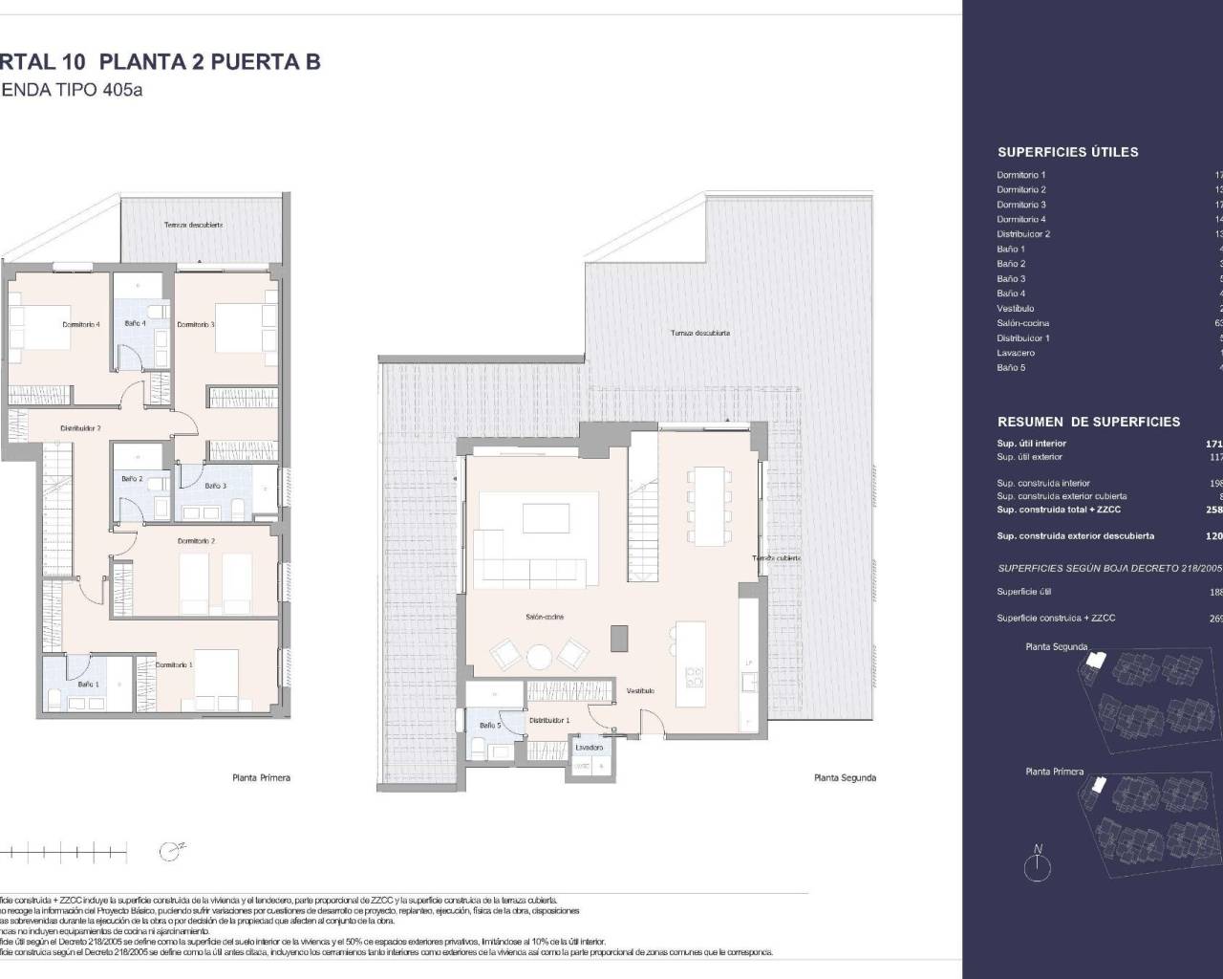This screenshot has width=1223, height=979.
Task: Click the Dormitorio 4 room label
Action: tap(81, 324)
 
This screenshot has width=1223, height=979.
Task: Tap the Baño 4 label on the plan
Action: tap(135, 324)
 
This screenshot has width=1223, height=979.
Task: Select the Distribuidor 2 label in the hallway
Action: tap(80, 428)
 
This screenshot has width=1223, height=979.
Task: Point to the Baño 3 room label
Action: tap(215, 486)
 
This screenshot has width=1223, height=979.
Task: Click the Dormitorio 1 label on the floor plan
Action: tap(174, 664)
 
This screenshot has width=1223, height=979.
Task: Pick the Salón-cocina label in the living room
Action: tap(544, 617)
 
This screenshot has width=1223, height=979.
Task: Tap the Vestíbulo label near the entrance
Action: tap(640, 690)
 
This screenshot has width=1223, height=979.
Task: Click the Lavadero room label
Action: tap(589, 748)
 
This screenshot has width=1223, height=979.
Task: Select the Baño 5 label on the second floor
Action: tap(489, 726)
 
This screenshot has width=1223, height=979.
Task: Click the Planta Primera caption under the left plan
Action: tap(261, 777)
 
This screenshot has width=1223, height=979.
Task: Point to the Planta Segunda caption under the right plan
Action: tap(845, 777)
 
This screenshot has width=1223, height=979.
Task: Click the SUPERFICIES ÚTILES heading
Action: tap(1067, 152)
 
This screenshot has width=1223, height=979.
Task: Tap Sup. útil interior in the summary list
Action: tap(1031, 444)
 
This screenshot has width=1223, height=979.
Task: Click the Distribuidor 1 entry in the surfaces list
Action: tap(1022, 337)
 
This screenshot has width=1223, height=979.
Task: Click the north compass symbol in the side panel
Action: tap(1037, 866)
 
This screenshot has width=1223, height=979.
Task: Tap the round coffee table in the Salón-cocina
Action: tap(539, 657)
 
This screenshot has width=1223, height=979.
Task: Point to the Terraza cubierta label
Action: tap(776, 557)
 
